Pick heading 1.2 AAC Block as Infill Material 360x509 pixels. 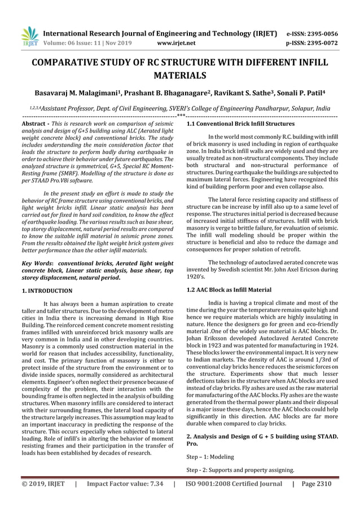click(229, 289)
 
